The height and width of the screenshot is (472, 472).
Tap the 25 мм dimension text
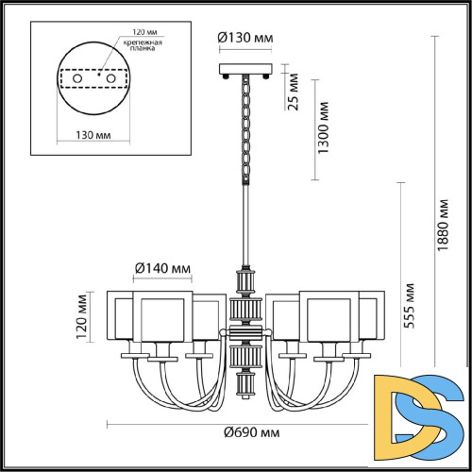coord(295,92)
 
